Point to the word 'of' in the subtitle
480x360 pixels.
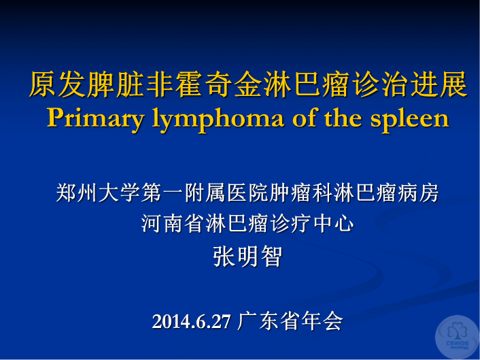[x=305, y=117]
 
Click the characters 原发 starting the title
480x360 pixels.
[x=58, y=84]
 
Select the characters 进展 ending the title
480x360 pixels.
[x=439, y=84]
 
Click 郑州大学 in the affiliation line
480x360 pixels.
[x=99, y=193]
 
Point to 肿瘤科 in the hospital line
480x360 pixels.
[x=301, y=193]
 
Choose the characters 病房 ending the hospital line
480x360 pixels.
[x=418, y=193]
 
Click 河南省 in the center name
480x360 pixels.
[x=173, y=224]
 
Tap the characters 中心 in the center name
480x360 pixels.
[x=334, y=224]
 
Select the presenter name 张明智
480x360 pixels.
[x=247, y=257]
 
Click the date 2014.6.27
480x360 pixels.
[x=191, y=322]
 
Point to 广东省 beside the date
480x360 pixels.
[x=269, y=321]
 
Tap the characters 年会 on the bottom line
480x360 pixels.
[x=322, y=321]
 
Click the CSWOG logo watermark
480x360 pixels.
[x=457, y=338]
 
